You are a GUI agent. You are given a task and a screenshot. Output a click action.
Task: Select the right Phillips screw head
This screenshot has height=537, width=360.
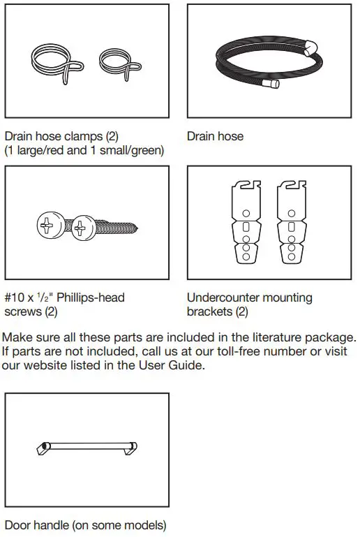pos(82,226)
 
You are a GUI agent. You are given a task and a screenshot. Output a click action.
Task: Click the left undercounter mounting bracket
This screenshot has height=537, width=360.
pos(246,221)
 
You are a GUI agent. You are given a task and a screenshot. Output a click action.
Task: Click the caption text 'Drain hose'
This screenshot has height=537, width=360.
pos(215,136)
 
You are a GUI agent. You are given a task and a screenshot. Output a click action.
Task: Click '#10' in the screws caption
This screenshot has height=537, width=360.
pos(15,297)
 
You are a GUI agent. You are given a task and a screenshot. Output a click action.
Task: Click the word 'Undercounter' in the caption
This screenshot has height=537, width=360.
pos(220,297)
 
